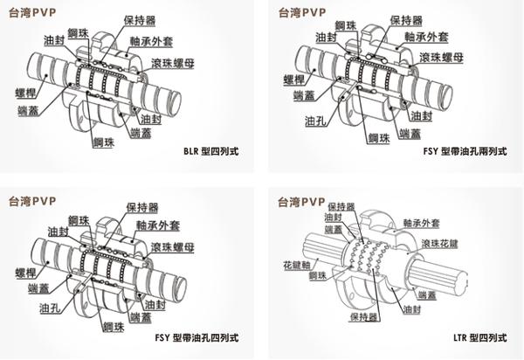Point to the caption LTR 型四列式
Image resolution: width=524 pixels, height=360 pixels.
[483, 336]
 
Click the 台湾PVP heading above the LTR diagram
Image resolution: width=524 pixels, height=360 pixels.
[300, 201]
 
